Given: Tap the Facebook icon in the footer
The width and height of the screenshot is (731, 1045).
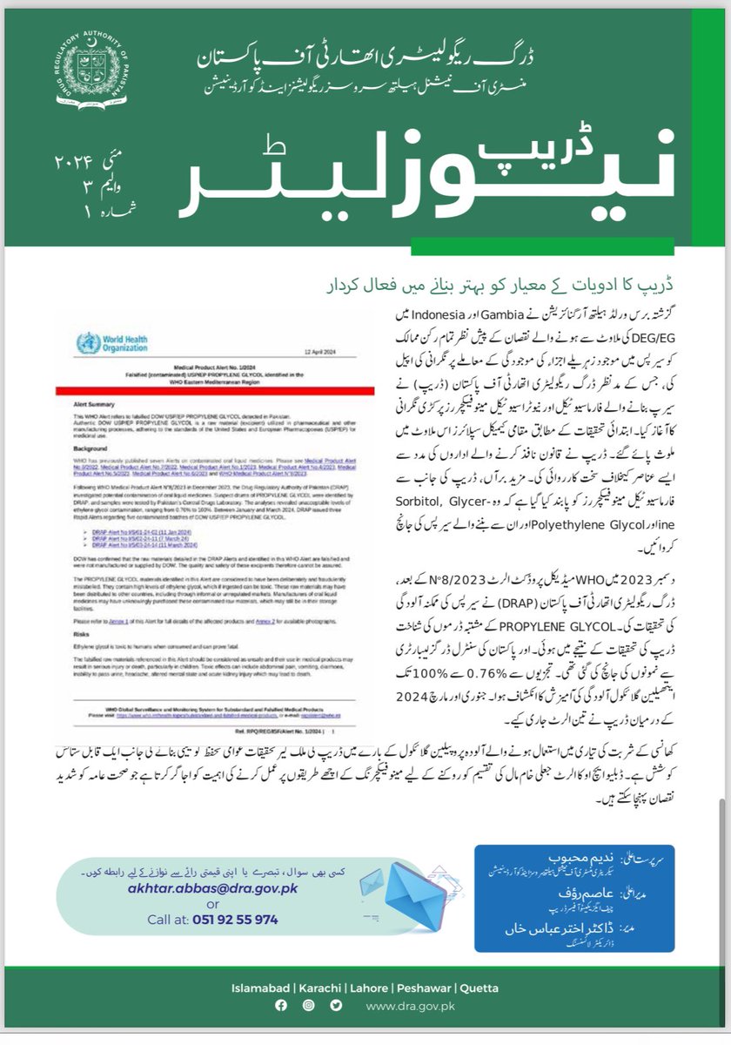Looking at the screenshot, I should (280, 1006).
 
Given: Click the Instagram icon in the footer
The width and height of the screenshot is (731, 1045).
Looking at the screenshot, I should (307, 1006).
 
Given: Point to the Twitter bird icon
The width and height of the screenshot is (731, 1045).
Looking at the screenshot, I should (335, 1006).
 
